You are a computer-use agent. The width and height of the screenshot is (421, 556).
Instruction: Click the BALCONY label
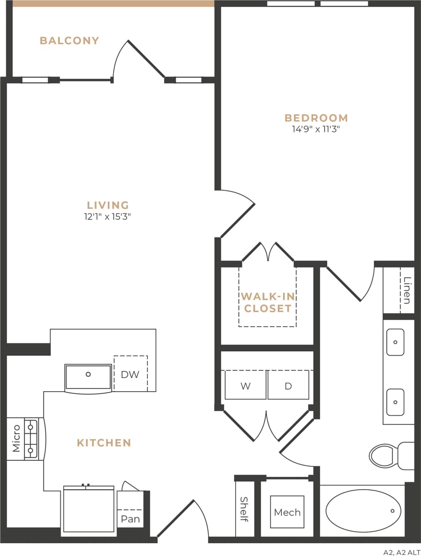coord(69,41)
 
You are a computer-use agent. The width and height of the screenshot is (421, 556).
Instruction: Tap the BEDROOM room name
coord(316,118)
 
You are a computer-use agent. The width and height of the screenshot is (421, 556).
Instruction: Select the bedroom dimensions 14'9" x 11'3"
coord(316,130)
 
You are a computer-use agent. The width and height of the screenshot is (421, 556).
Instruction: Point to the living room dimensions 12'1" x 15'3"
coord(108,217)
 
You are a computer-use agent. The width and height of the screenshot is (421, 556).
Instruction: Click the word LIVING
coord(108,205)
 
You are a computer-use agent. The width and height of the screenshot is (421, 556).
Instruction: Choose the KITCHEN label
coord(104,443)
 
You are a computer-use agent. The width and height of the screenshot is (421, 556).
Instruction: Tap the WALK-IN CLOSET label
coord(268,303)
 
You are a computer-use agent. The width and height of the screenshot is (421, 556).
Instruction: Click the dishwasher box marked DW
coord(130,374)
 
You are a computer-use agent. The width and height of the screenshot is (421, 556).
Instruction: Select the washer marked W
coord(245,386)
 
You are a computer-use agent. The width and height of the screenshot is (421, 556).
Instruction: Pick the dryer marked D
coord(288,386)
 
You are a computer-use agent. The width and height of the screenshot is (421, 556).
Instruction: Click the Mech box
coord(287,512)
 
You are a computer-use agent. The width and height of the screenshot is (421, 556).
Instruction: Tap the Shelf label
coord(244,509)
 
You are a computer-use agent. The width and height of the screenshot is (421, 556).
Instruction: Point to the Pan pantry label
coord(130,519)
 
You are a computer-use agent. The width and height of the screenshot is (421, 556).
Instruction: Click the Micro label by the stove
coord(16,438)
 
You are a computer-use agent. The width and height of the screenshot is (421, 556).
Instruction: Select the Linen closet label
coord(406,290)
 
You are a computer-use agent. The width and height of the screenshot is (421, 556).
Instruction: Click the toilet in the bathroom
coord(386,455)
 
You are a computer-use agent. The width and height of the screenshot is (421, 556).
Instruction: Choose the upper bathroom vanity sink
coord(395,342)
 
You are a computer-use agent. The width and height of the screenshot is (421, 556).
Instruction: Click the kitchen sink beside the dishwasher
coord(88,377)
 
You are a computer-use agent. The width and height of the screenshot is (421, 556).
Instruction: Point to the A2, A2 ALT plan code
coord(401,552)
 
